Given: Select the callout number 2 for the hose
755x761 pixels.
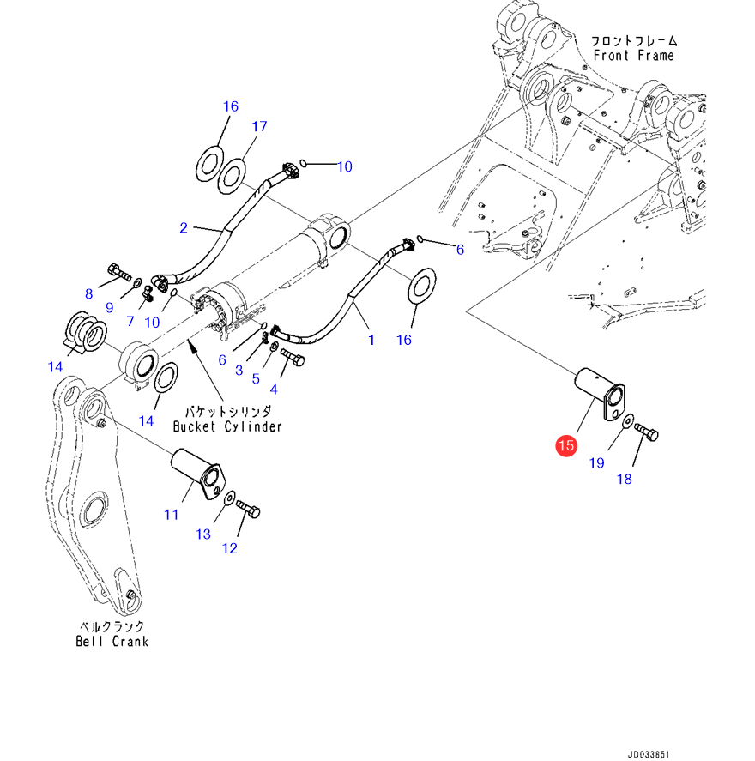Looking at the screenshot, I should [x=184, y=227].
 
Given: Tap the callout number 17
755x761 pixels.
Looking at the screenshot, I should [x=259, y=127].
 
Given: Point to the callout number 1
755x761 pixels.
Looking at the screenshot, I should [x=371, y=341].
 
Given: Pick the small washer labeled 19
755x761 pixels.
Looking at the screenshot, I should [x=627, y=421].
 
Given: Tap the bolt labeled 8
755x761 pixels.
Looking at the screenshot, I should [x=119, y=275].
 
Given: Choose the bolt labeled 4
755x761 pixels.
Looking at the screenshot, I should [x=292, y=357].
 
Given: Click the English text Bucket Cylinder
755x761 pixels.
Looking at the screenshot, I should [x=227, y=426].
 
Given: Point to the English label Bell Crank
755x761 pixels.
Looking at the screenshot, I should [x=112, y=641].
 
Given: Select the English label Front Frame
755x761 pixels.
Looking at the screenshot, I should [x=633, y=56].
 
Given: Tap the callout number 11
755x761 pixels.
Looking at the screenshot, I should [x=172, y=515].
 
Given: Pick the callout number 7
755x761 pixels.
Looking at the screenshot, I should [x=130, y=322].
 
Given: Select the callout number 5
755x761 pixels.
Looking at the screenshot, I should [x=256, y=378].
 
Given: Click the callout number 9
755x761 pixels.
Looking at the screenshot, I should [x=110, y=307].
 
